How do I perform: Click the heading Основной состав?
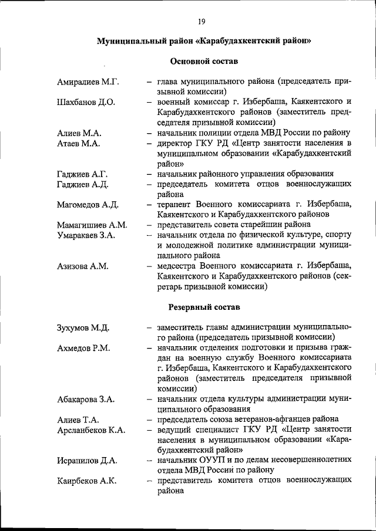point(204,61)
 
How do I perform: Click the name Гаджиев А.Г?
point(83,174)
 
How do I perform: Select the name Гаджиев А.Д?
point(83,184)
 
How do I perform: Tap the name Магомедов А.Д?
point(89,204)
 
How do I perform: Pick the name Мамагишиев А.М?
point(93,225)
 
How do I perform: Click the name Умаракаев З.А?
point(86,235)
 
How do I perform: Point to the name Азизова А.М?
point(83,266)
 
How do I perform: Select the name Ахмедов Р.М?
point(83,348)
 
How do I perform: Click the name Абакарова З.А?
point(86,399)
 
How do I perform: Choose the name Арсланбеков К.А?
point(91,430)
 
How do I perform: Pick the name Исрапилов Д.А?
point(87,460)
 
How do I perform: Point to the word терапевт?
point(176,204)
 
